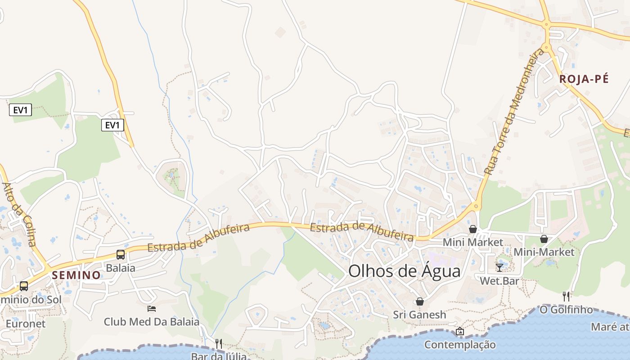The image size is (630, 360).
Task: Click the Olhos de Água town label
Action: [x=405, y=271]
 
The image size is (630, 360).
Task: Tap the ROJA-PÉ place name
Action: [x=584, y=79]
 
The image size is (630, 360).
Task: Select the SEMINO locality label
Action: [x=76, y=275]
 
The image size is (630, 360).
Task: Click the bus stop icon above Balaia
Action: [x=121, y=254]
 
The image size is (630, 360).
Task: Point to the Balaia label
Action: [x=121, y=268]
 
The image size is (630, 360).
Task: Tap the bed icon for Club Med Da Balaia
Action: [x=152, y=309]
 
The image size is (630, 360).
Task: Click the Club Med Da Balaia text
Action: [x=152, y=322]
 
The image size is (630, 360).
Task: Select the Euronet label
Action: [x=26, y=324]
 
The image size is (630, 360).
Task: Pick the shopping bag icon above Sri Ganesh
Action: [x=420, y=301]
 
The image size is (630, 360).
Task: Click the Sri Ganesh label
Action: [x=420, y=315]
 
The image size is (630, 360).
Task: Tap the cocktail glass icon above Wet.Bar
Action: [x=499, y=268]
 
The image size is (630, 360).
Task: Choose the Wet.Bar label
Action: [x=499, y=281]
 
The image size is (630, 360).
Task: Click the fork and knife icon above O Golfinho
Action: [x=566, y=296]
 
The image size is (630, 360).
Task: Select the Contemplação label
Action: [x=460, y=345]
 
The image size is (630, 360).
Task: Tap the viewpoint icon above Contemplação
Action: [x=460, y=332]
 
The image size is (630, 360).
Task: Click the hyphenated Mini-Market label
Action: [x=544, y=252]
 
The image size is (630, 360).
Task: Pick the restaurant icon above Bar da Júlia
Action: [x=219, y=344]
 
